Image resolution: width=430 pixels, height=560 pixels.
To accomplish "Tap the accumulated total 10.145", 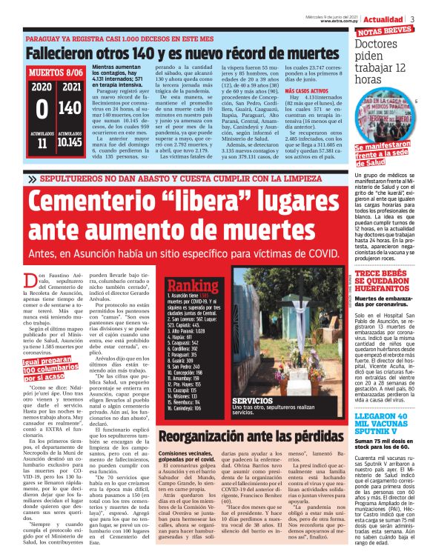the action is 69,142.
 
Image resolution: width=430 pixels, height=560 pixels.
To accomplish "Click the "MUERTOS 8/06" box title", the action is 56,73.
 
